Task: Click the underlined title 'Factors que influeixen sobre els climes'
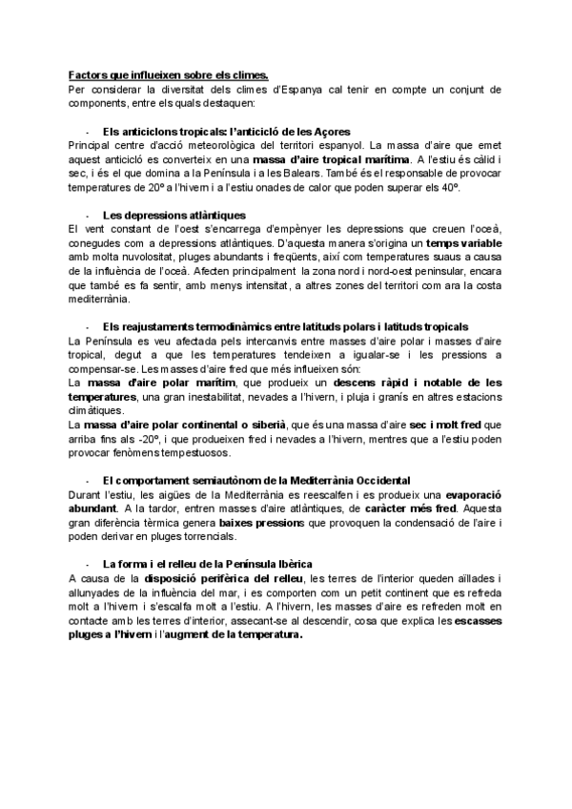point(168,75)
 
